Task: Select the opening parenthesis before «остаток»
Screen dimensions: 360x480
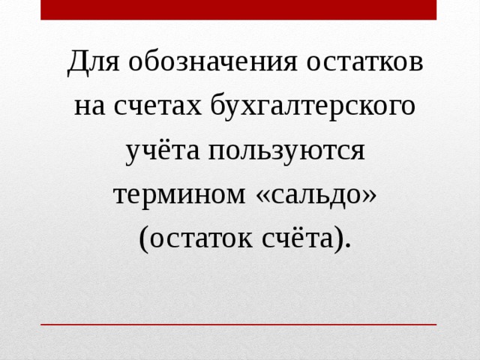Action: [143, 240]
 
